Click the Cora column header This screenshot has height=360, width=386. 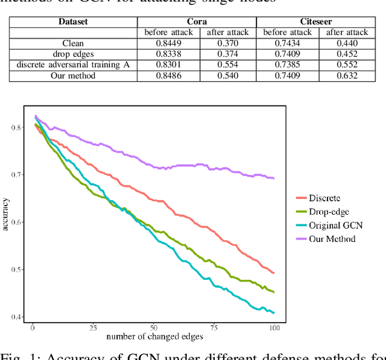(x=198, y=21)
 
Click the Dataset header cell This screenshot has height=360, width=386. (x=73, y=21)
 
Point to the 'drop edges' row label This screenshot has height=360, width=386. (x=73, y=54)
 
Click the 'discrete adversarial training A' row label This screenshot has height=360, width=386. (x=73, y=65)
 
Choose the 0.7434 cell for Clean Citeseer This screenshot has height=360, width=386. (x=287, y=43)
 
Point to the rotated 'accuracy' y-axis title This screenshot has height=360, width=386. (x=6, y=223)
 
